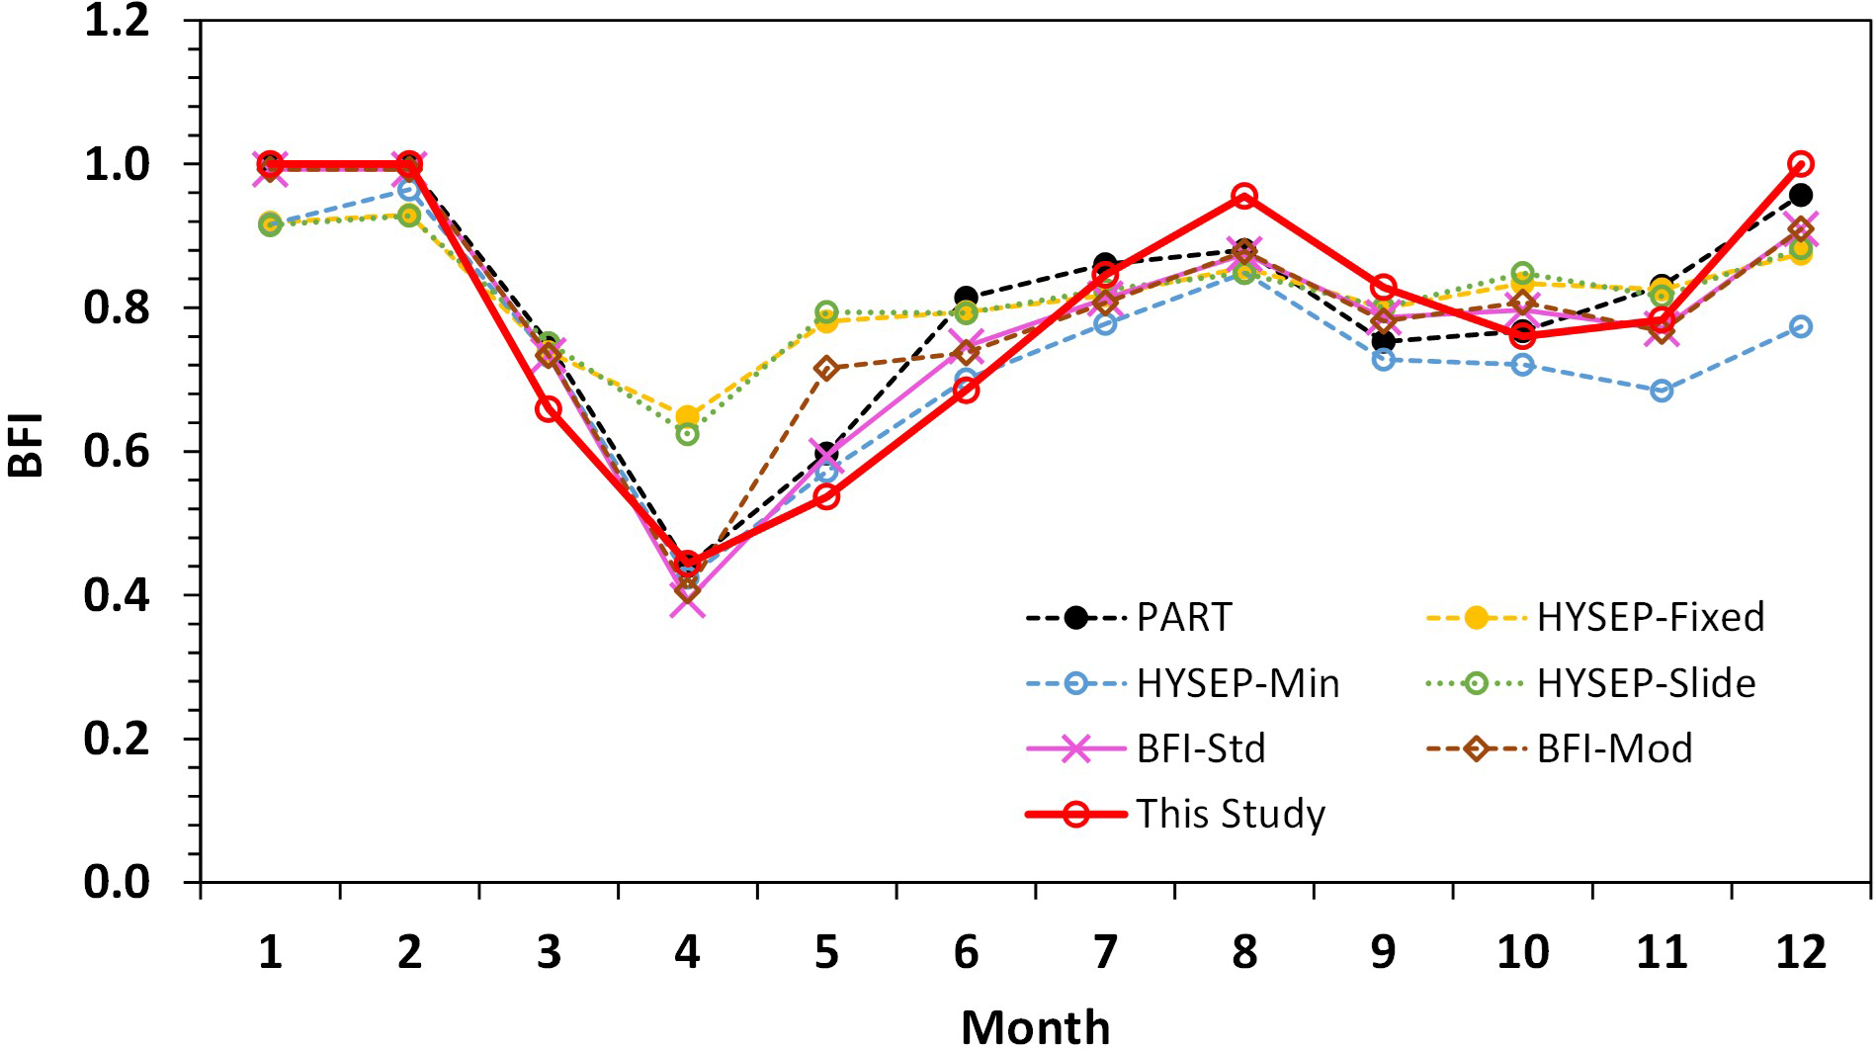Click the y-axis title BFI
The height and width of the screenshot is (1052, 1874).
tap(27, 446)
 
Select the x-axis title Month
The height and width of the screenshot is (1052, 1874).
tap(1035, 1027)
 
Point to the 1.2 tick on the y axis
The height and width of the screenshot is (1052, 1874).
tap(118, 21)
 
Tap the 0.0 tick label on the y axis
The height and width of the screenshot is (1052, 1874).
tap(118, 881)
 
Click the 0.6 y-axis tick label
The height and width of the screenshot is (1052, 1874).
tap(118, 452)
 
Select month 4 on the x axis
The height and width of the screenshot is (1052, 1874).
tap(687, 952)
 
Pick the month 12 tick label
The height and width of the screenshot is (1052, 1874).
tap(1800, 952)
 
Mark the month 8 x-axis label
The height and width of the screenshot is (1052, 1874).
tap(1243, 952)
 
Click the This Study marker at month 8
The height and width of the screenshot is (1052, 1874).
tap(1244, 196)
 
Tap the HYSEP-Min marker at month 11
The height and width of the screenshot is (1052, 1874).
tap(1661, 391)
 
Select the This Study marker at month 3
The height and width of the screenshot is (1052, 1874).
tap(549, 408)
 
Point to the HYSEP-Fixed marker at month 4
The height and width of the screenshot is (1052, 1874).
tap(687, 415)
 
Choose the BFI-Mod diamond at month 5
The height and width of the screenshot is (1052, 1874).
tap(826, 369)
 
